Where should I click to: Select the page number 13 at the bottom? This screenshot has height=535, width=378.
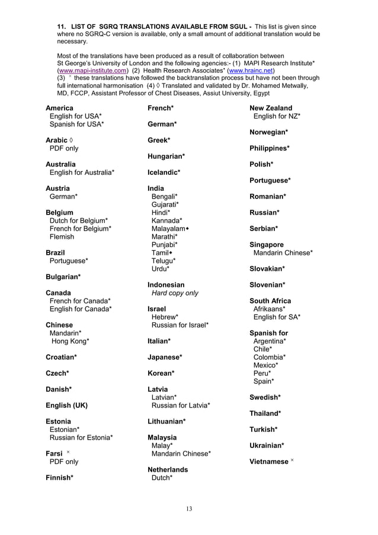(x=188, y=508)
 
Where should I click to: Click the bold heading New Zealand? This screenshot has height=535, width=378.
(x=271, y=108)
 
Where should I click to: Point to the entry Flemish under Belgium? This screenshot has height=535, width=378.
(x=62, y=236)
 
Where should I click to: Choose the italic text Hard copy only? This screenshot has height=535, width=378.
(x=175, y=293)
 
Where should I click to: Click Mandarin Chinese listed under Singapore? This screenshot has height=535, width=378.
(x=283, y=252)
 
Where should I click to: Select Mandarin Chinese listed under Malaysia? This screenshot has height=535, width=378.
(x=181, y=454)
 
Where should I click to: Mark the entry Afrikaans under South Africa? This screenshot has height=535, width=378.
(x=269, y=309)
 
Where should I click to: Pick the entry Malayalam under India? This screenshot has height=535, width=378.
(x=170, y=228)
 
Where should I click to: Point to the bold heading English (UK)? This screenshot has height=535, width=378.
(x=66, y=406)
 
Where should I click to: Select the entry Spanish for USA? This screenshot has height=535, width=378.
(x=76, y=124)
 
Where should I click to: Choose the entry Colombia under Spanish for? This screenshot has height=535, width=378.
(x=270, y=357)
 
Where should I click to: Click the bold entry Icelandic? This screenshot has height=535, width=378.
(x=164, y=172)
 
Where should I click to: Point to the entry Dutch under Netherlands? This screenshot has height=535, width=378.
(x=162, y=478)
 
